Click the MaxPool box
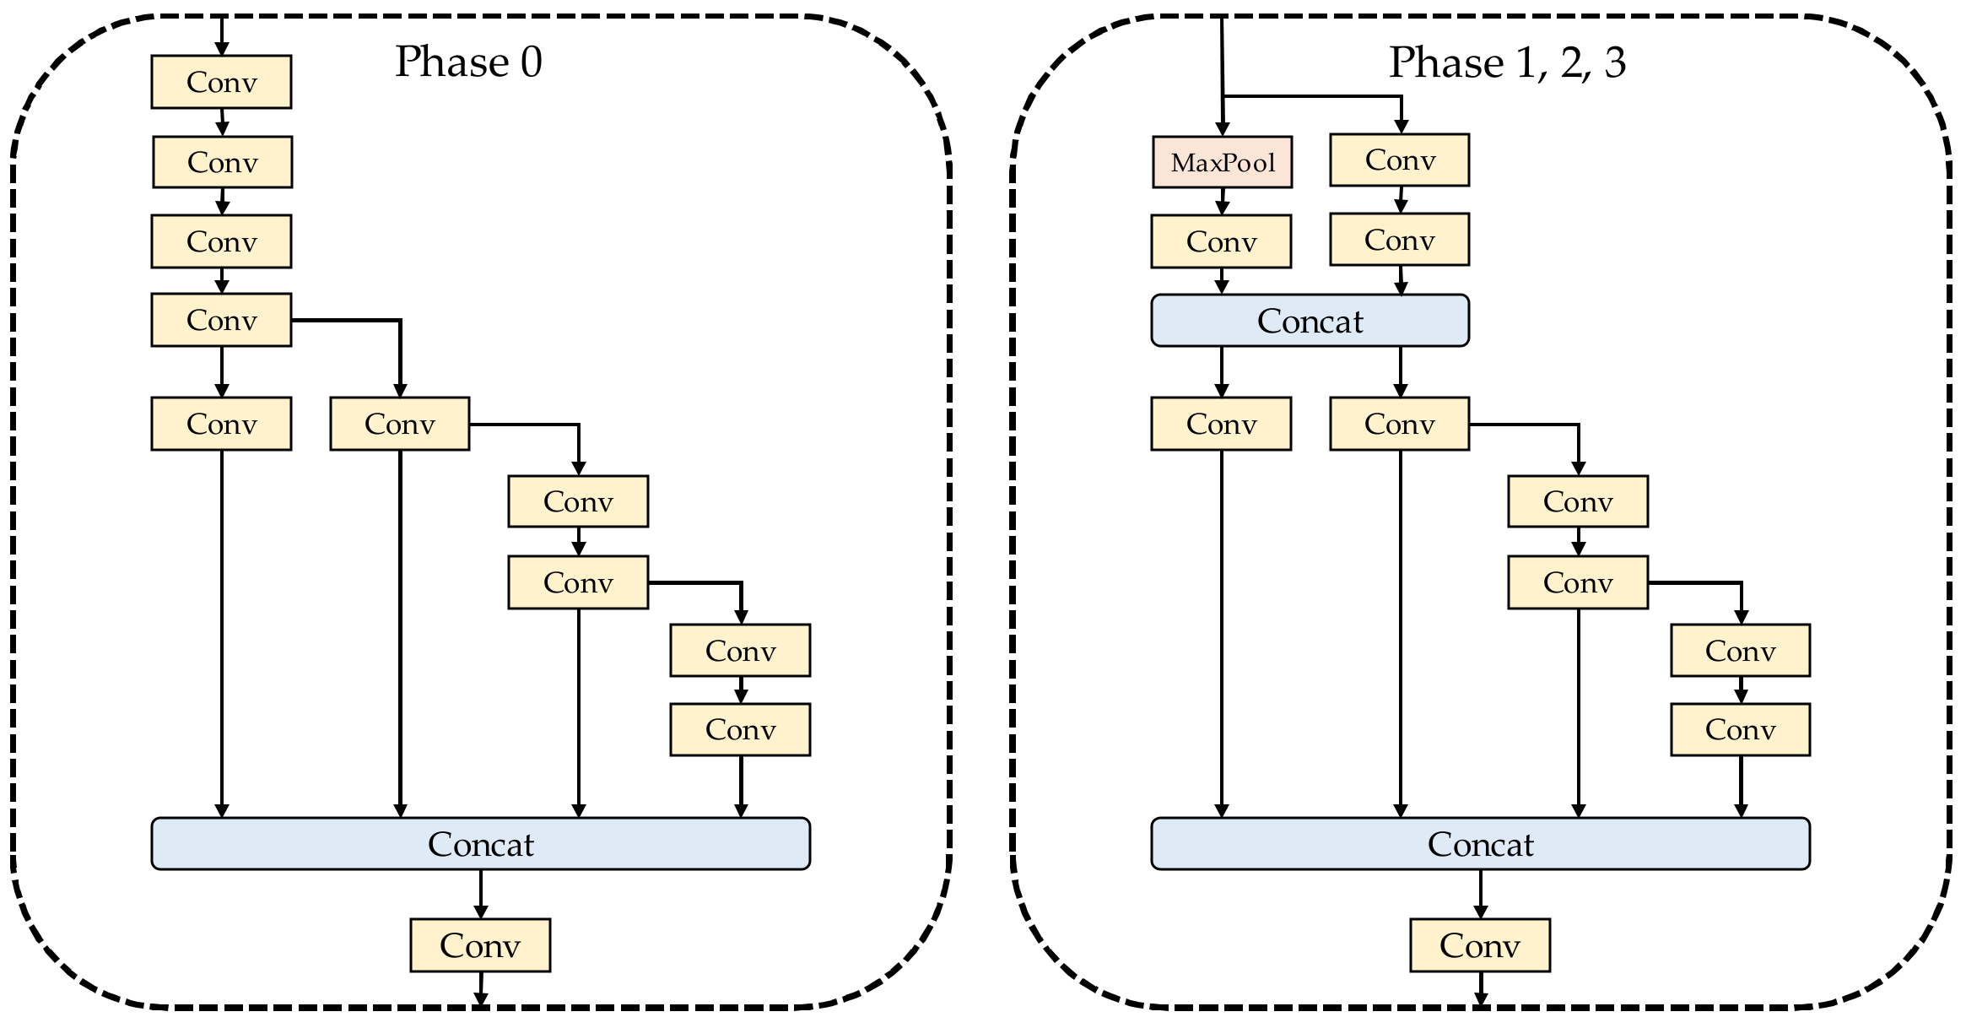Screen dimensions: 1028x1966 coord(1222,162)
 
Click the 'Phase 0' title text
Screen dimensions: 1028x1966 coord(468,62)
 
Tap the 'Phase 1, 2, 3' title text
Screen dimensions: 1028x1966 coord(1507,62)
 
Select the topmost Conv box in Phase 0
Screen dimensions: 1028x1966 coord(221,82)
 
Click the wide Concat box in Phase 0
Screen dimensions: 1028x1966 coord(480,843)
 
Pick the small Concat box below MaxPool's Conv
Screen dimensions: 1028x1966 coord(1310,321)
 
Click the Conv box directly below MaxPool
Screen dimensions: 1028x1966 coord(1221,241)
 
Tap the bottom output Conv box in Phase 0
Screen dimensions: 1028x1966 coord(480,945)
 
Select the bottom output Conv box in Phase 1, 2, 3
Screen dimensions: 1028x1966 coord(1480,945)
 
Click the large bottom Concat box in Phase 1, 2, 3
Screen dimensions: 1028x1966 coord(1480,843)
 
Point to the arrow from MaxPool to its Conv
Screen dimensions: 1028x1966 coord(1222,202)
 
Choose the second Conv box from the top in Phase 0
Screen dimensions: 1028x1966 coord(222,162)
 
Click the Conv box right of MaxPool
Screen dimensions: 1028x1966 coord(1399,160)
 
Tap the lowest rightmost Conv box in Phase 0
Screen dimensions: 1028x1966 coord(740,729)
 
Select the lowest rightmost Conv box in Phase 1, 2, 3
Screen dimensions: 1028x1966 coord(1740,729)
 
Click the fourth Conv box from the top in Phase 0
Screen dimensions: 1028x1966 coord(221,320)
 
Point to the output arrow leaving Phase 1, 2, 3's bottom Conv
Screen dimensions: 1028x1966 coord(1480,988)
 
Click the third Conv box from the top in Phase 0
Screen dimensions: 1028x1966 coord(221,241)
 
